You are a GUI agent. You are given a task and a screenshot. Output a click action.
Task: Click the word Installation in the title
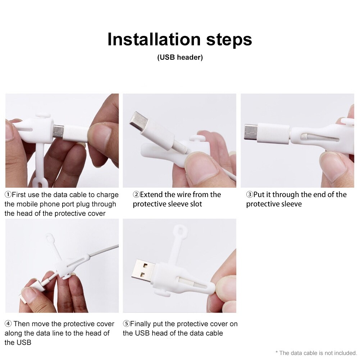154,39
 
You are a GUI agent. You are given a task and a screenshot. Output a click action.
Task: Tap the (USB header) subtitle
180,57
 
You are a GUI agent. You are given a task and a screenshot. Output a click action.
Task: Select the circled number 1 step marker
8,195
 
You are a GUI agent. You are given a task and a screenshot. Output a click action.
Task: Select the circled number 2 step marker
136,195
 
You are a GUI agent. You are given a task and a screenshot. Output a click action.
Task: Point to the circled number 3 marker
250,195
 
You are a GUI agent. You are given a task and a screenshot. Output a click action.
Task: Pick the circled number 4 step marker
8,324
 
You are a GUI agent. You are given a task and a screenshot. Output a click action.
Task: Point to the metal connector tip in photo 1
58,132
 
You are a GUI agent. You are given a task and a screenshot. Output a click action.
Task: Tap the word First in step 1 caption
19,195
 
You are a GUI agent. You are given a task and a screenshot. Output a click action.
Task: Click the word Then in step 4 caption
21,324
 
